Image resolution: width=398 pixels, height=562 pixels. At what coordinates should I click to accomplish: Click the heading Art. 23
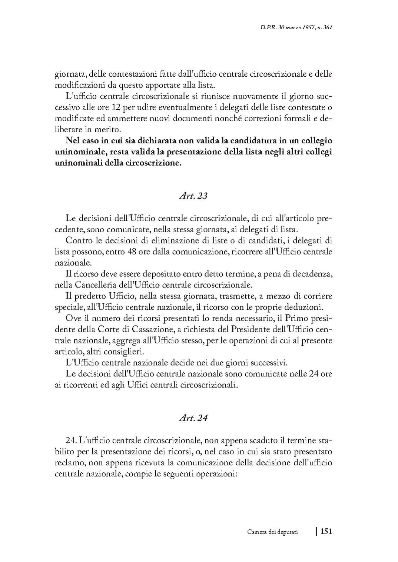click(193, 196)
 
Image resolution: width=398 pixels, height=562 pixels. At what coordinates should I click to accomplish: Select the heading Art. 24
click(193, 418)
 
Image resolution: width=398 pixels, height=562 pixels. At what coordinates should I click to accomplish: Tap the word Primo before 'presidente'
click(295, 318)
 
